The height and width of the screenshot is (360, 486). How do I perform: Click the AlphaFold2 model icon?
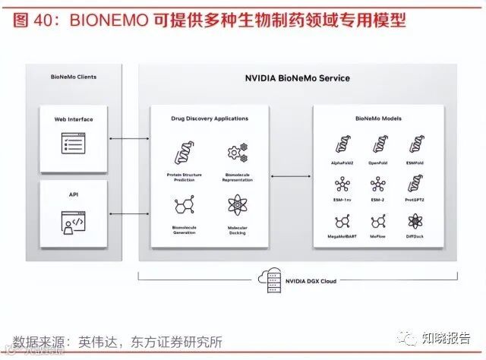pos(341,144)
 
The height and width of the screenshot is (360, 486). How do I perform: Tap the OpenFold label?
pos(377,163)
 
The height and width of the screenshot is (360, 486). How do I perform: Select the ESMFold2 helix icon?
pos(415,144)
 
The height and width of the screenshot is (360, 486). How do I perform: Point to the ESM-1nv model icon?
pos(341,184)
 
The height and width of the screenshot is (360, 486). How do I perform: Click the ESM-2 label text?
pos(377,201)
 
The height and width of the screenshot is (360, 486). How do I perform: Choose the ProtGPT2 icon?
pos(415,184)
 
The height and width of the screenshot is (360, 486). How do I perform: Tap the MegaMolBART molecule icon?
pos(341,223)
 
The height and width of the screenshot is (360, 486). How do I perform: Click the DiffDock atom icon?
pos(415,223)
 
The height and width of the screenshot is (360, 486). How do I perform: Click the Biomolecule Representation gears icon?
pos(238,153)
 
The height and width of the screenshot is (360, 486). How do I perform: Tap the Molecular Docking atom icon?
pos(238,205)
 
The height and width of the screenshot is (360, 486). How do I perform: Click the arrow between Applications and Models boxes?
pos(293,176)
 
